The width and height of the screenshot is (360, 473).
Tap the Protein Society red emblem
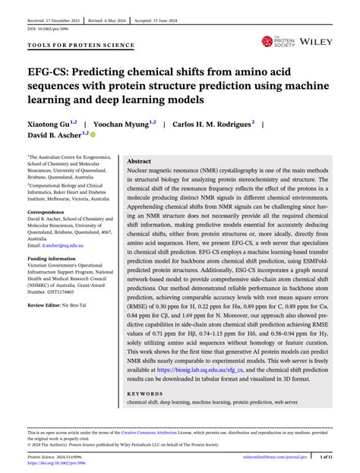click(267, 41)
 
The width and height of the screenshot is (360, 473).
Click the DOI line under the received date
click(43, 27)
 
